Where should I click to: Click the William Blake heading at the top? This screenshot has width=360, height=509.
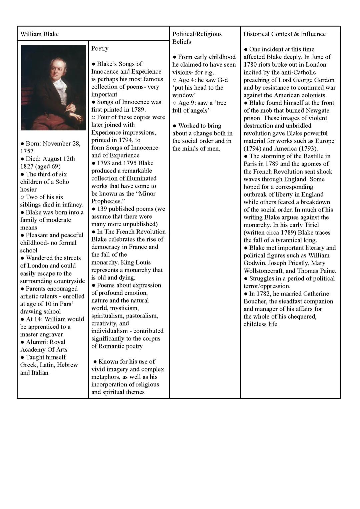[39, 34]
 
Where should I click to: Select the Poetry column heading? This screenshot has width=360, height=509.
[100, 48]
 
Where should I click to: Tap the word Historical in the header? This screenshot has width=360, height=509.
[256, 34]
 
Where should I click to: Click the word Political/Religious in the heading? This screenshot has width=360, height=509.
[197, 34]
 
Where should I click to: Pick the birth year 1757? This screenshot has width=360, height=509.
[27, 151]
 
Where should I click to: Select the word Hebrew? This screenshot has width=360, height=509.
[67, 365]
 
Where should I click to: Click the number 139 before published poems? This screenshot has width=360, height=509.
[102, 209]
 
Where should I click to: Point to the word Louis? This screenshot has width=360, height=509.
[142, 262]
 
